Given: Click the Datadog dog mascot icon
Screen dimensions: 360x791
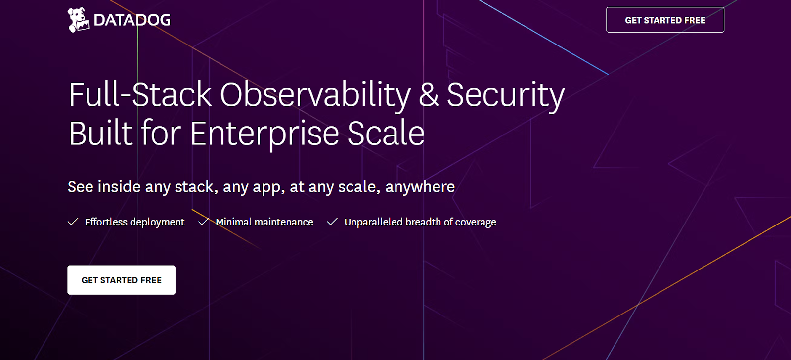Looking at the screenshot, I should (78, 20).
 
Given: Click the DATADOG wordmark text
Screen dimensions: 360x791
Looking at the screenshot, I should (132, 20).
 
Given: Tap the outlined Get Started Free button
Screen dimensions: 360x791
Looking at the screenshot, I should (665, 20).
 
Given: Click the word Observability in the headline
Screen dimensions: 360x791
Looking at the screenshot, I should (315, 95).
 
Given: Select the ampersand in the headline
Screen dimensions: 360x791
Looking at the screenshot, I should (429, 95).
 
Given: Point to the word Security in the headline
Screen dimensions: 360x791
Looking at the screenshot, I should (505, 95).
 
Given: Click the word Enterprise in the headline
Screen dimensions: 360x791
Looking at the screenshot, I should (264, 134).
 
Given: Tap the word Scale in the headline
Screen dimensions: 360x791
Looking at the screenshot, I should (386, 134).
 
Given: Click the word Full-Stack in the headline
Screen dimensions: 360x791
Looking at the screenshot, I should (140, 95).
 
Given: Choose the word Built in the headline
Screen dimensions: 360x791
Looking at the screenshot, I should (101, 134).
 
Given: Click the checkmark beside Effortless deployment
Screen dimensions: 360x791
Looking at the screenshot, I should (73, 222).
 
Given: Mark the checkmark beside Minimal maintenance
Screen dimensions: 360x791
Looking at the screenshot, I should (203, 222).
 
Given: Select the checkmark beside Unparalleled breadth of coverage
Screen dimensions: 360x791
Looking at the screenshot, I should (332, 222).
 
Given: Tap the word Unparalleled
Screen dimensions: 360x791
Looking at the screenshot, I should (373, 222).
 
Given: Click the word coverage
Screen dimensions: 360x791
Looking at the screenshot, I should (476, 223).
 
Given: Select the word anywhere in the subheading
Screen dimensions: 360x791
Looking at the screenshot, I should (420, 187).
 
